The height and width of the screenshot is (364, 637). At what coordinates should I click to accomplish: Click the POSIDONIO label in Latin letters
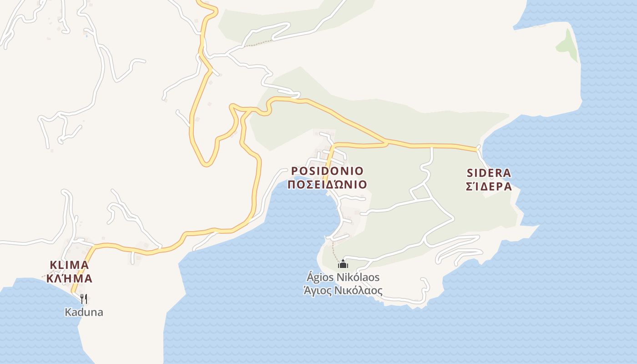coord(327,171)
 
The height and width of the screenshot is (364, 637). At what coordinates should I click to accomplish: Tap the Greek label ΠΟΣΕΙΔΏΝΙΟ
coord(327,185)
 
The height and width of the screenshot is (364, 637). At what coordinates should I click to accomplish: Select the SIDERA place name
coord(489,173)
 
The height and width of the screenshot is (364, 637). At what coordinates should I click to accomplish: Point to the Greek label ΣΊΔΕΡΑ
coord(489,187)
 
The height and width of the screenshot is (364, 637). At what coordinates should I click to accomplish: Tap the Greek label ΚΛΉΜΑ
coord(69,278)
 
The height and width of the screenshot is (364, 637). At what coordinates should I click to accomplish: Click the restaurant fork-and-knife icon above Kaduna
coord(84,298)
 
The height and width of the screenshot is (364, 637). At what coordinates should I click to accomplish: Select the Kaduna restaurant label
coord(84,313)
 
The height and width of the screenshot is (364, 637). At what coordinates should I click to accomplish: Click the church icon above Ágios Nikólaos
coord(343,263)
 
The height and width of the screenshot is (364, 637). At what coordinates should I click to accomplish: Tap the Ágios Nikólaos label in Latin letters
coord(343,277)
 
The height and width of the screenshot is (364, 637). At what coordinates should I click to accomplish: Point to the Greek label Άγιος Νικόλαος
coord(343,291)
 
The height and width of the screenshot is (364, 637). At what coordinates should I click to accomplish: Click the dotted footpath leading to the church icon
coord(334,249)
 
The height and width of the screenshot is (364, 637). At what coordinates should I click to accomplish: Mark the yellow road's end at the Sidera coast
coord(477,148)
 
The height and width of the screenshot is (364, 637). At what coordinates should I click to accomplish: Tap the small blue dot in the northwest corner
coord(86,36)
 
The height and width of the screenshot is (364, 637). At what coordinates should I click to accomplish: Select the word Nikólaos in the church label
coord(358,277)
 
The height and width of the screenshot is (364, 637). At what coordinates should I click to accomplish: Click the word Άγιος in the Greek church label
coord(318,291)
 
